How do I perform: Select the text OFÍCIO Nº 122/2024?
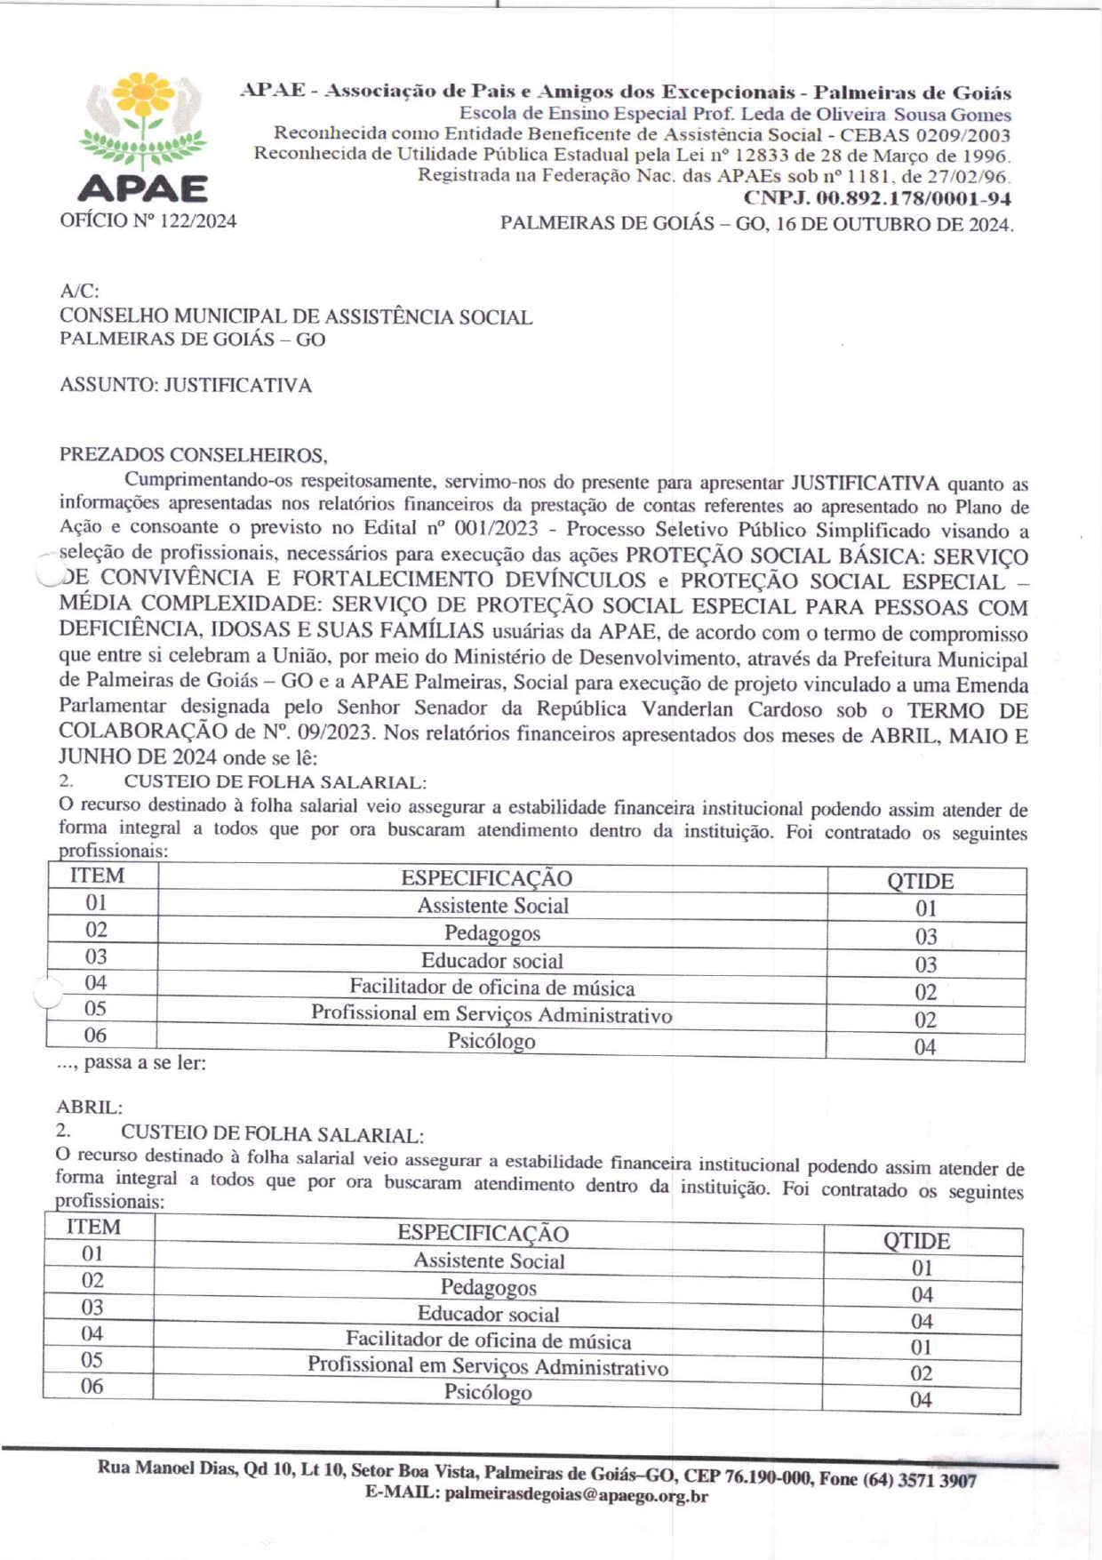[148, 221]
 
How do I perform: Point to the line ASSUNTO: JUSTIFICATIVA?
[186, 386]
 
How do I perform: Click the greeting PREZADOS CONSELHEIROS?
[193, 455]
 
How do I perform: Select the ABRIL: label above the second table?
[90, 1108]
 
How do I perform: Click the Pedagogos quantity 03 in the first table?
[926, 936]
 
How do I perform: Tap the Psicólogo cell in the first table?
[491, 1042]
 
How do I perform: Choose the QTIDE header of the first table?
[921, 881]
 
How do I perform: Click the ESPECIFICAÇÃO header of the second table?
[483, 1233]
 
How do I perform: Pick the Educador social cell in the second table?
[489, 1314]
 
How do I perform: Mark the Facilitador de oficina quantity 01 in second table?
[922, 1347]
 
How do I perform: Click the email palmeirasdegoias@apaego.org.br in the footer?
[576, 1495]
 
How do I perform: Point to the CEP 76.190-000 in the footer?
[747, 1476]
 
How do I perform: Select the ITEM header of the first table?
[98, 876]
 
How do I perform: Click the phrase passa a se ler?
[145, 1063]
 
